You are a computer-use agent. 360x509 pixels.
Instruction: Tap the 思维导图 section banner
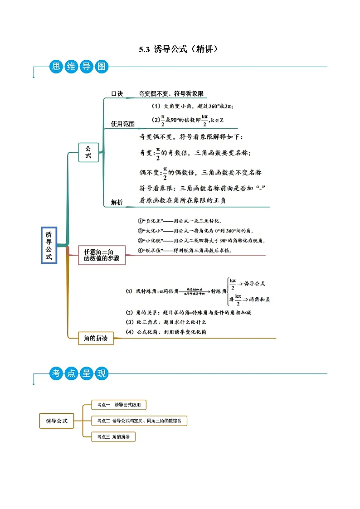coord(78,67)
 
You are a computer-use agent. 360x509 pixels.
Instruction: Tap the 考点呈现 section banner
coord(78,373)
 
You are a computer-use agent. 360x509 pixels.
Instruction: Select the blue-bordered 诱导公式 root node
coord(49,245)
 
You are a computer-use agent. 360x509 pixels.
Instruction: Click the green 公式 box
coord(88,152)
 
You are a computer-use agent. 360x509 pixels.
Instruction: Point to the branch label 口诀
coord(117,94)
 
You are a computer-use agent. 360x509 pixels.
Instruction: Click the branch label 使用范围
coord(123,124)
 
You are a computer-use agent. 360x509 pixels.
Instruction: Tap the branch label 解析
coord(117,203)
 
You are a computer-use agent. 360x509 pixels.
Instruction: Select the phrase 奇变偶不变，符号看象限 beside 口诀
coord(171,94)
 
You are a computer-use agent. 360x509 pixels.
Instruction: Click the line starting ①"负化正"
coord(180,221)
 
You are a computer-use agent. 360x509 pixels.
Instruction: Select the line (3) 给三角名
coord(166,322)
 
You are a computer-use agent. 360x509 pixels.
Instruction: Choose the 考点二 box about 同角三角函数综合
coord(139,421)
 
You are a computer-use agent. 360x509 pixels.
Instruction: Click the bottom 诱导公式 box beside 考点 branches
coord(57,421)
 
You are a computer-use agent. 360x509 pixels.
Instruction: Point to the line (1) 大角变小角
coord(192,106)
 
